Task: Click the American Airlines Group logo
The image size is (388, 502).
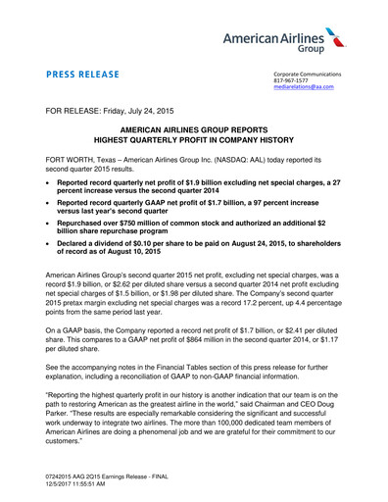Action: tap(295, 41)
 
